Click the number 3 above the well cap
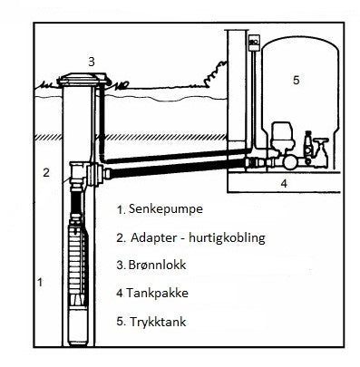click(91, 61)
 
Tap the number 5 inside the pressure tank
click(295, 80)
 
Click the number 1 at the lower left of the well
click(39, 283)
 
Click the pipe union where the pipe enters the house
click(255, 163)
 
